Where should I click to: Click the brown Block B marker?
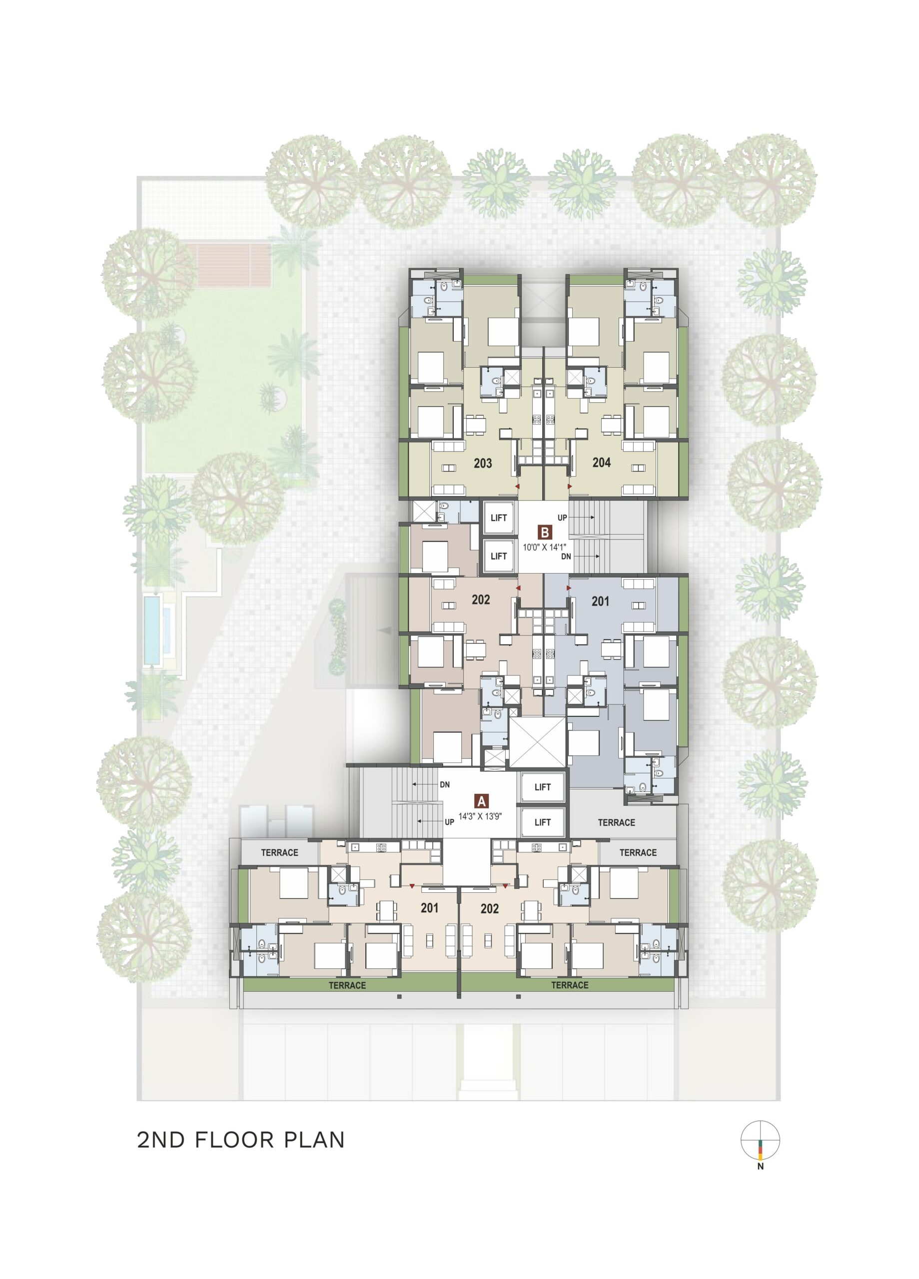(x=544, y=532)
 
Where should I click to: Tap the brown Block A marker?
(x=481, y=801)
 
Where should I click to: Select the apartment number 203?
(x=482, y=464)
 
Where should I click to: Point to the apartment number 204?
(x=601, y=463)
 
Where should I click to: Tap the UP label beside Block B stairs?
(x=563, y=517)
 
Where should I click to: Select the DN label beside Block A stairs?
(x=445, y=784)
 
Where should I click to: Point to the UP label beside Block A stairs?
(x=449, y=822)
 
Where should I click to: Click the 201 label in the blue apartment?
(x=600, y=602)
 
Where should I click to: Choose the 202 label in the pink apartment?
(x=481, y=600)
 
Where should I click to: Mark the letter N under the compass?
(x=760, y=1166)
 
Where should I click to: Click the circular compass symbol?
(x=760, y=1141)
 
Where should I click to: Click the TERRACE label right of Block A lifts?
(x=617, y=823)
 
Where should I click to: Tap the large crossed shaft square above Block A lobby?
(x=537, y=742)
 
